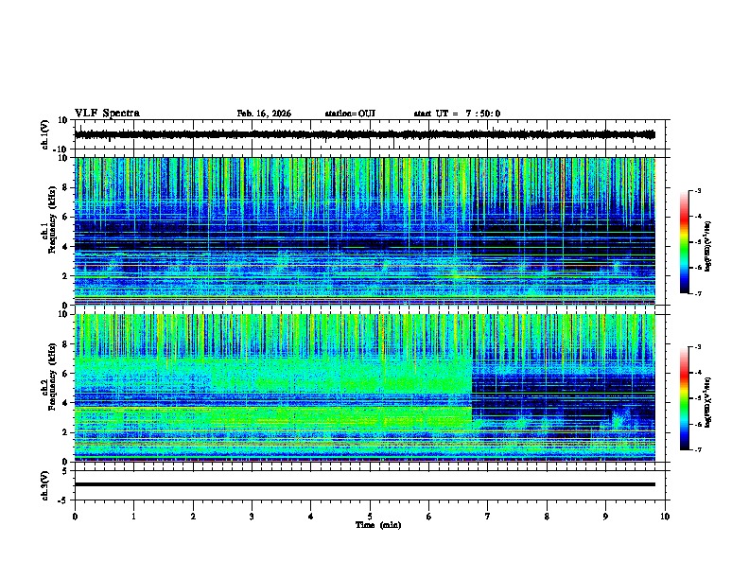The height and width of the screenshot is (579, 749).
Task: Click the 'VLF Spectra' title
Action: (107, 114)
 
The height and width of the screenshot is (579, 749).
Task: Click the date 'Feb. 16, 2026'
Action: (264, 114)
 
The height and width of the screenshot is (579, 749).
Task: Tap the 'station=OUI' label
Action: (350, 114)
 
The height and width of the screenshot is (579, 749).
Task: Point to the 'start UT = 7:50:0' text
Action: (457, 114)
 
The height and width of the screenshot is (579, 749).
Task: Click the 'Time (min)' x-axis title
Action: (377, 524)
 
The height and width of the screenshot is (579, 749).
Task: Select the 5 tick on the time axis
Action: (370, 517)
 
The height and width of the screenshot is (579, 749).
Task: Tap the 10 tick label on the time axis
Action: (665, 517)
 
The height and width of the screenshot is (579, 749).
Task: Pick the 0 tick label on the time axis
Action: (75, 517)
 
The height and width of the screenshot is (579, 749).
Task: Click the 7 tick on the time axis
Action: (488, 517)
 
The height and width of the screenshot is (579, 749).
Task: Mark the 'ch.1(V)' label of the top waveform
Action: (45, 134)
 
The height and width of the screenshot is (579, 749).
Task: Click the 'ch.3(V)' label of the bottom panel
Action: (45, 484)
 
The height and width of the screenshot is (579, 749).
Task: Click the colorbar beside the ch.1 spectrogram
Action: (692, 242)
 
